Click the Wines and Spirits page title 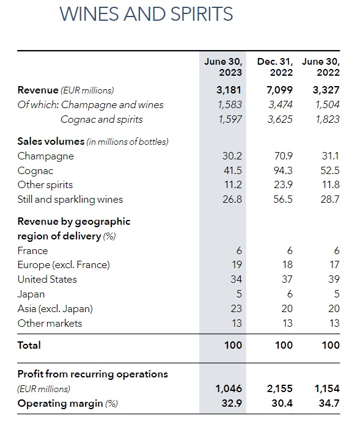[x=146, y=14]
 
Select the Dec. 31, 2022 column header [x=275, y=67]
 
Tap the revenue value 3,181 [x=229, y=90]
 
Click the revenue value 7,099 [x=279, y=90]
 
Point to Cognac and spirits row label [x=101, y=120]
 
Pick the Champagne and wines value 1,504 [x=328, y=104]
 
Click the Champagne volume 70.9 [x=283, y=156]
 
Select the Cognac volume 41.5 [x=233, y=170]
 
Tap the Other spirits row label [x=45, y=185]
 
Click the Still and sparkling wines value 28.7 [x=330, y=199]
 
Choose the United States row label [x=47, y=279]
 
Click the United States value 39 [x=334, y=279]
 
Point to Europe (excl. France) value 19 [x=237, y=264]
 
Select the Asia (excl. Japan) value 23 [x=236, y=308]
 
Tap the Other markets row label [x=50, y=323]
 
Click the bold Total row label [x=29, y=345]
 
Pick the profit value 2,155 [x=279, y=388]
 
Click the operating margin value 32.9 [x=232, y=403]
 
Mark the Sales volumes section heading [x=93, y=142]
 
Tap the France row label [x=32, y=250]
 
